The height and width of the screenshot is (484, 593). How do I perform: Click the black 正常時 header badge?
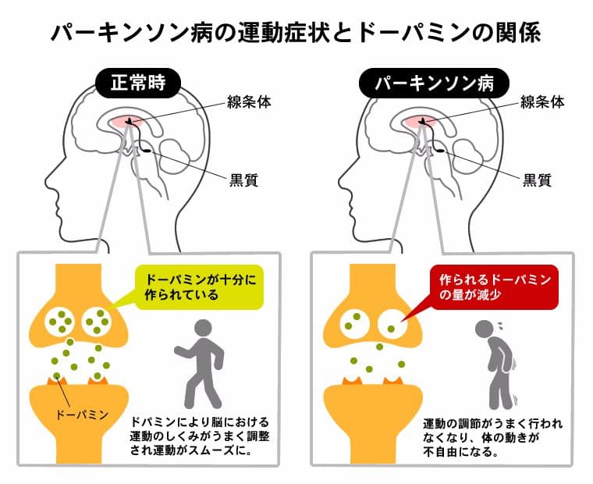click(x=138, y=84)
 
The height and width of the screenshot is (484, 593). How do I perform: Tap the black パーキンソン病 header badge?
click(x=434, y=84)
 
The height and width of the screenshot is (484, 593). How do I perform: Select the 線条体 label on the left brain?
click(x=249, y=102)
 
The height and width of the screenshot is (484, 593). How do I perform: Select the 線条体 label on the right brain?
click(x=542, y=102)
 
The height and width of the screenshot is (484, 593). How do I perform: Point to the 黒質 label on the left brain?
click(x=244, y=180)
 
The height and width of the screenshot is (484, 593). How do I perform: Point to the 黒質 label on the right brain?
click(x=537, y=180)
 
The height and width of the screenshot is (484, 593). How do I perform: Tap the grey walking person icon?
click(x=200, y=364)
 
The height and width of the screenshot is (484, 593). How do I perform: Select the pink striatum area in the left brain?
click(x=126, y=122)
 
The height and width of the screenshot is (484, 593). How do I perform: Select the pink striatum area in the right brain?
click(x=419, y=122)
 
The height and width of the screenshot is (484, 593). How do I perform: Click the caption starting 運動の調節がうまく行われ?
click(x=493, y=437)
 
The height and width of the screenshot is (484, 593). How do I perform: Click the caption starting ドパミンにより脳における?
click(x=200, y=436)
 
